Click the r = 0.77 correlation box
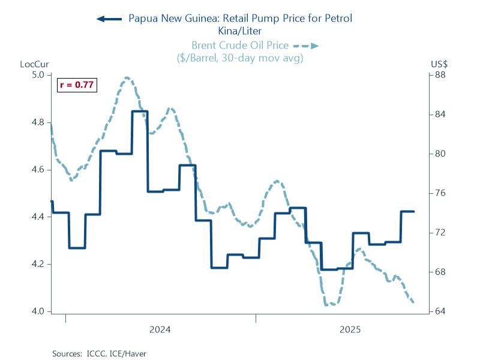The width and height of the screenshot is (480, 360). (77, 85)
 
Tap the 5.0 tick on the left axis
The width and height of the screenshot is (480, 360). (38, 75)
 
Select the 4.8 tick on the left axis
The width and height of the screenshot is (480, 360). (38, 122)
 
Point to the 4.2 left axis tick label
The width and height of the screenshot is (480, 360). (38, 264)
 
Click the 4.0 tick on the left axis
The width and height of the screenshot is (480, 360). (38, 311)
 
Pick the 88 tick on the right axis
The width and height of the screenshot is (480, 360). (440, 75)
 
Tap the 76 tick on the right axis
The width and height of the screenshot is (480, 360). (440, 193)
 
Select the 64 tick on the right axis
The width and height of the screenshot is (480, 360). (440, 311)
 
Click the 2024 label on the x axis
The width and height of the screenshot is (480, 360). (160, 329)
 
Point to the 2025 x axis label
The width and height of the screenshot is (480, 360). (350, 329)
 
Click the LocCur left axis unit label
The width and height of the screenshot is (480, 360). (32, 64)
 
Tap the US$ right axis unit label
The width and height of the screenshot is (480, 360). (439, 64)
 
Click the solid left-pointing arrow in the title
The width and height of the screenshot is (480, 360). (109, 19)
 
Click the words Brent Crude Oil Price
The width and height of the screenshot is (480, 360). (240, 45)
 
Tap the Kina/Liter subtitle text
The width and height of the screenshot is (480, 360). (240, 30)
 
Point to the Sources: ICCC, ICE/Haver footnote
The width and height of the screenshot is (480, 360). (100, 353)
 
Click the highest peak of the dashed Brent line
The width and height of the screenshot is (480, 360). (127, 77)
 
